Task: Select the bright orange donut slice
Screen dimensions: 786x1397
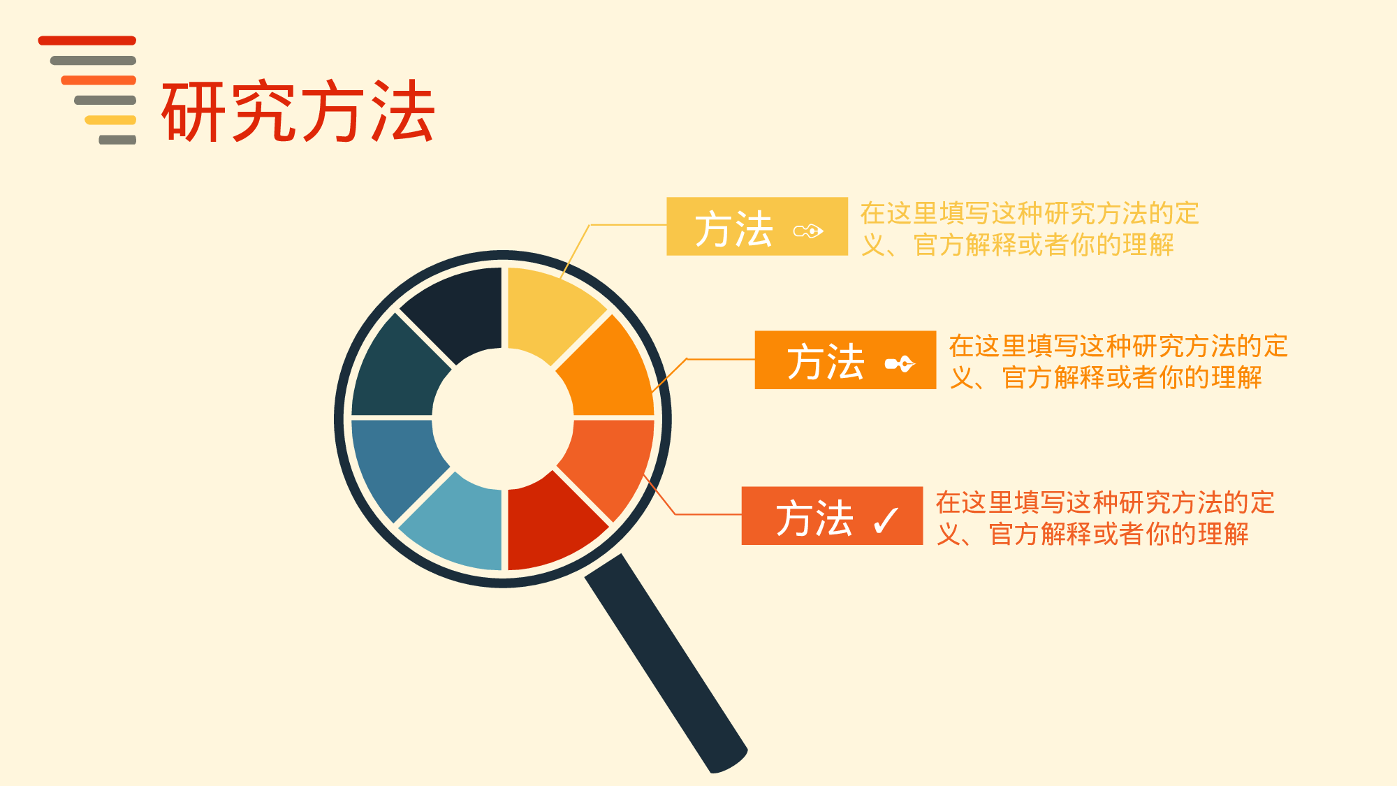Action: coord(608,370)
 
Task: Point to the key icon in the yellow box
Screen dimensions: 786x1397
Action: coord(809,231)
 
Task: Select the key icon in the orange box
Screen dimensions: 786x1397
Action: coord(900,364)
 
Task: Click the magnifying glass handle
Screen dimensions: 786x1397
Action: coord(667,664)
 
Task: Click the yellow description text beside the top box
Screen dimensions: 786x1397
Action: coord(1029,229)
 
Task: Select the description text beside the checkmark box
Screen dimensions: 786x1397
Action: coord(1104,518)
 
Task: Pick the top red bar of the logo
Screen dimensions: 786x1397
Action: coord(87,41)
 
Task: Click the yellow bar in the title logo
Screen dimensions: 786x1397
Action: coord(110,120)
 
